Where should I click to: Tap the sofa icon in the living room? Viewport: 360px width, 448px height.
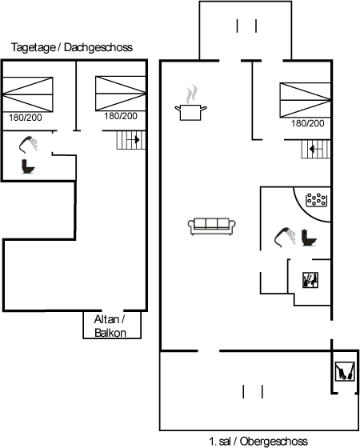pyautogui.click(x=212, y=226)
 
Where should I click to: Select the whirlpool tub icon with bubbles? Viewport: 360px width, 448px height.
pyautogui.click(x=316, y=200)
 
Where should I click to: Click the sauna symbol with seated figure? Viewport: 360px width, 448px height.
pyautogui.click(x=310, y=280)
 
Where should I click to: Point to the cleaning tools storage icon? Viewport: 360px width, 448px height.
pyautogui.click(x=345, y=371)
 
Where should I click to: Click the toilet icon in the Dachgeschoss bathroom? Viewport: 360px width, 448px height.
pyautogui.click(x=28, y=166)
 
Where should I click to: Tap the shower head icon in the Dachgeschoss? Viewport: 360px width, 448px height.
pyautogui.click(x=28, y=145)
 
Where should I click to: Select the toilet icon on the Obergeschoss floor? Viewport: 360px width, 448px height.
pyautogui.click(x=309, y=237)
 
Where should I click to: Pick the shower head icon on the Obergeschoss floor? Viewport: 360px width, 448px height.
pyautogui.click(x=285, y=237)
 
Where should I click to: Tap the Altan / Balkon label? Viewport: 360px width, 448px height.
pyautogui.click(x=110, y=326)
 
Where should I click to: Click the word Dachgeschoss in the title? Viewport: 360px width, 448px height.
pyautogui.click(x=98, y=47)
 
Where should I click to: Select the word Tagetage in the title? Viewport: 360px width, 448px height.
pyautogui.click(x=34, y=47)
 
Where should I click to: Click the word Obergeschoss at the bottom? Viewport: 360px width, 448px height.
pyautogui.click(x=274, y=442)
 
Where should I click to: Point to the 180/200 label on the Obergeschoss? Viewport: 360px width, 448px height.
pyautogui.click(x=308, y=123)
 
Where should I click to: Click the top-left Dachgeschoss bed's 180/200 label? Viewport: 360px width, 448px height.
pyautogui.click(x=26, y=118)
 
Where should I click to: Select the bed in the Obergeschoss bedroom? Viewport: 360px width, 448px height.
pyautogui.click(x=305, y=100)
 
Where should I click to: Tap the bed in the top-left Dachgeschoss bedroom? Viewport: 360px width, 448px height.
pyautogui.click(x=28, y=94)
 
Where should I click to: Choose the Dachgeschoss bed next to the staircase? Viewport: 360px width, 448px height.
pyautogui.click(x=121, y=94)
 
